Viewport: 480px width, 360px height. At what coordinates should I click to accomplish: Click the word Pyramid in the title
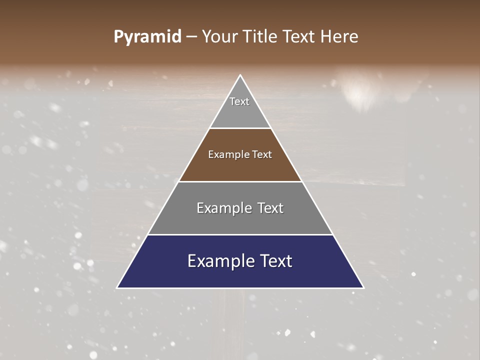pos(147,37)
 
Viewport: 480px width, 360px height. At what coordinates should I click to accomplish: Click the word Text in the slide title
pos(298,37)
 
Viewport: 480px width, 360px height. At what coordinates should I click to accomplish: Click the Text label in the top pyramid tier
pos(239,101)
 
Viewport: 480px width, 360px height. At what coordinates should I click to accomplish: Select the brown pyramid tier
pos(240,167)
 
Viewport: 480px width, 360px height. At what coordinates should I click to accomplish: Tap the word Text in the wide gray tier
pos(270,208)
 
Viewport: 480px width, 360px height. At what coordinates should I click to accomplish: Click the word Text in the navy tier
pos(275,261)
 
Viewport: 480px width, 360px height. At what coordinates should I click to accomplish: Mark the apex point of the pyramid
pos(240,75)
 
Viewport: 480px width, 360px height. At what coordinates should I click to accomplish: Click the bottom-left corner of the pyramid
pos(117,287)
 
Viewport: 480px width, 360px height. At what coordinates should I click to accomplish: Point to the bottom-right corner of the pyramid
pos(363,287)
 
